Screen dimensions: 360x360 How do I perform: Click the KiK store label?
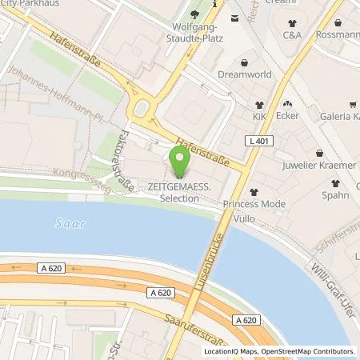(259, 117)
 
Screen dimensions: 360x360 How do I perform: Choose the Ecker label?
(288, 116)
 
